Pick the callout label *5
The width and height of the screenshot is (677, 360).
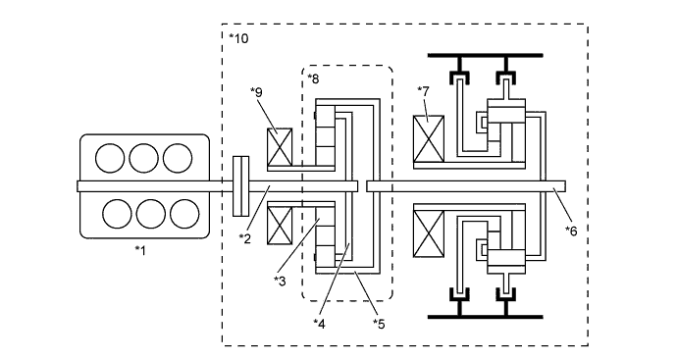(378, 322)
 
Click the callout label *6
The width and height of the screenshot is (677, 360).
(571, 229)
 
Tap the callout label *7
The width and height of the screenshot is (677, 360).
(424, 91)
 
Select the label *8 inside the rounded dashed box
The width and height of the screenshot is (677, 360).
(313, 77)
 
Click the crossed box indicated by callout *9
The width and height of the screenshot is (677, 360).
(283, 147)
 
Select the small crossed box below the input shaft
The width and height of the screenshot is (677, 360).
(283, 224)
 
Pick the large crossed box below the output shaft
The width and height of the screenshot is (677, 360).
(430, 233)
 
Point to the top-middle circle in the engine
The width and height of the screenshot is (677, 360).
(143, 158)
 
